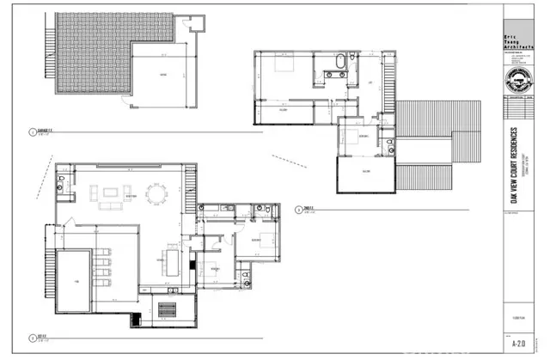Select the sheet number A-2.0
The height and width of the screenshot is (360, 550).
(x=517, y=341)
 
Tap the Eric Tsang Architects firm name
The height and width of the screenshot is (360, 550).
(x=513, y=40)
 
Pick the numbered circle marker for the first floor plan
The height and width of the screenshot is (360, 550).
(x=31, y=337)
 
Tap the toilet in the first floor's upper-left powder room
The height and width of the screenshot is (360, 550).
(x=61, y=186)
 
